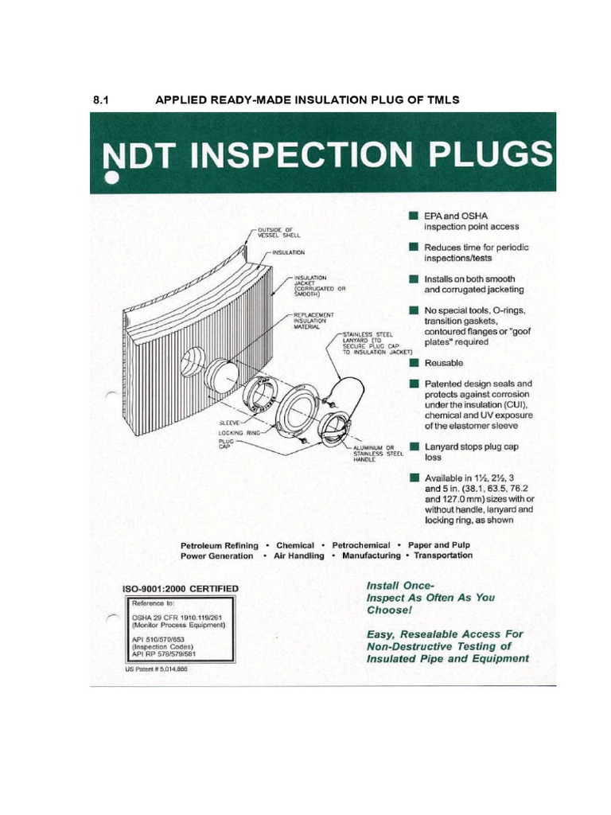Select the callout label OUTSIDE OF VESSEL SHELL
(278, 233)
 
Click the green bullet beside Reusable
(414, 362)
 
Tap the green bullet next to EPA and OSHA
(414, 216)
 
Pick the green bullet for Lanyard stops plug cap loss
(414, 446)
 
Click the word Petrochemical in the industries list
(360, 545)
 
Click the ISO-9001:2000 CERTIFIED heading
(180, 589)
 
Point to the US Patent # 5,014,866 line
(157, 669)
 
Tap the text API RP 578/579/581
(164, 654)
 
